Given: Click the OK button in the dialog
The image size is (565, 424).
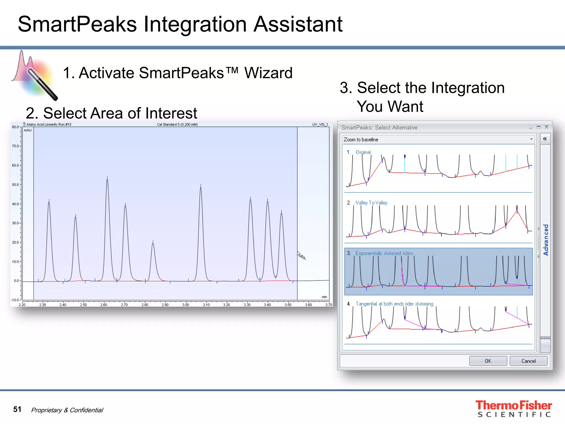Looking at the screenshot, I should [x=488, y=361].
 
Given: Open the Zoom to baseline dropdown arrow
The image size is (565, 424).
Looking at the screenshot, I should [x=531, y=139].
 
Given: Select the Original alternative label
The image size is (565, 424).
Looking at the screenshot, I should [x=363, y=152].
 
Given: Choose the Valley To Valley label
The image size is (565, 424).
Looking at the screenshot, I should [x=371, y=203].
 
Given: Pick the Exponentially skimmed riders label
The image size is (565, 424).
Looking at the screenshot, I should [x=384, y=253].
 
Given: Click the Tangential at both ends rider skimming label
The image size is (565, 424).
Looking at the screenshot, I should [x=394, y=304].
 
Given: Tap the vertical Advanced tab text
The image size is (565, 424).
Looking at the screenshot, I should [x=546, y=240].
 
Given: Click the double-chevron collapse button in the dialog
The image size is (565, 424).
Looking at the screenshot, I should [x=545, y=139].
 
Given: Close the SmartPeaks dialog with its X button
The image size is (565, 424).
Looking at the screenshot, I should [x=547, y=127].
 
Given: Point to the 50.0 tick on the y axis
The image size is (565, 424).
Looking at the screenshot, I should [x=15, y=185].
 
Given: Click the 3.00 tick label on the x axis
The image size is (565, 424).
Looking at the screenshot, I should [x=186, y=305].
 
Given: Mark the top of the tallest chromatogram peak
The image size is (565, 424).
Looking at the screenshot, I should [x=107, y=179].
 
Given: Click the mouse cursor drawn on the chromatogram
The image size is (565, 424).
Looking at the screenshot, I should [x=301, y=256].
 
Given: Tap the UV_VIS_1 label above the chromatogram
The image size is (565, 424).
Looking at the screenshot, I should [x=320, y=124].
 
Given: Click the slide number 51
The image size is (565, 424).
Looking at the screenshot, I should [x=17, y=409].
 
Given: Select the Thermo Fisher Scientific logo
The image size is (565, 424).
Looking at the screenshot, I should [x=513, y=409].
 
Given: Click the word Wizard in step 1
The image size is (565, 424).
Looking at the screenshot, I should [x=268, y=73].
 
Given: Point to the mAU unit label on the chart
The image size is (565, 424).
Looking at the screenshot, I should [x=28, y=130].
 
